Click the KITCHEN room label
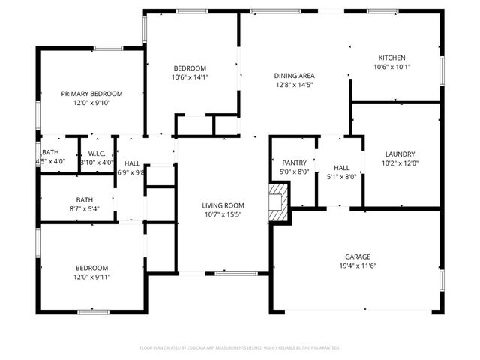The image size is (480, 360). coord(391,58)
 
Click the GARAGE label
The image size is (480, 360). coord(357,256)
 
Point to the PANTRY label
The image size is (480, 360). coord(294,163)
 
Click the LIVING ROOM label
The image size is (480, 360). coord(223,205)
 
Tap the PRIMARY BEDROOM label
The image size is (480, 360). coord(91,94)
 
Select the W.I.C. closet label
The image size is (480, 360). coord(96,152)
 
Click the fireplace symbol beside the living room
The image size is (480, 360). coord(278,203)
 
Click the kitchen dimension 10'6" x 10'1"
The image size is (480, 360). coord(391,67)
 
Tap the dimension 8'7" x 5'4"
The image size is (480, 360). coord(84,208)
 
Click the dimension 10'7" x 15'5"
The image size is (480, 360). coord(223,214)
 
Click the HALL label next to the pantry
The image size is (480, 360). coord(341,168)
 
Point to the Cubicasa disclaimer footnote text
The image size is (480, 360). coord(240,348)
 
